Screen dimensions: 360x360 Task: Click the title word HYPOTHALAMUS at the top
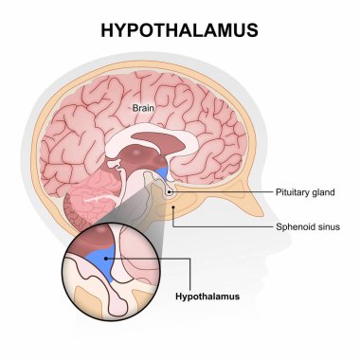click(179, 30)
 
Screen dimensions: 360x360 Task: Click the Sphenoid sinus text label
click(305, 227)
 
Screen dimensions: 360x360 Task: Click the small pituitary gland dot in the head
click(171, 193)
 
